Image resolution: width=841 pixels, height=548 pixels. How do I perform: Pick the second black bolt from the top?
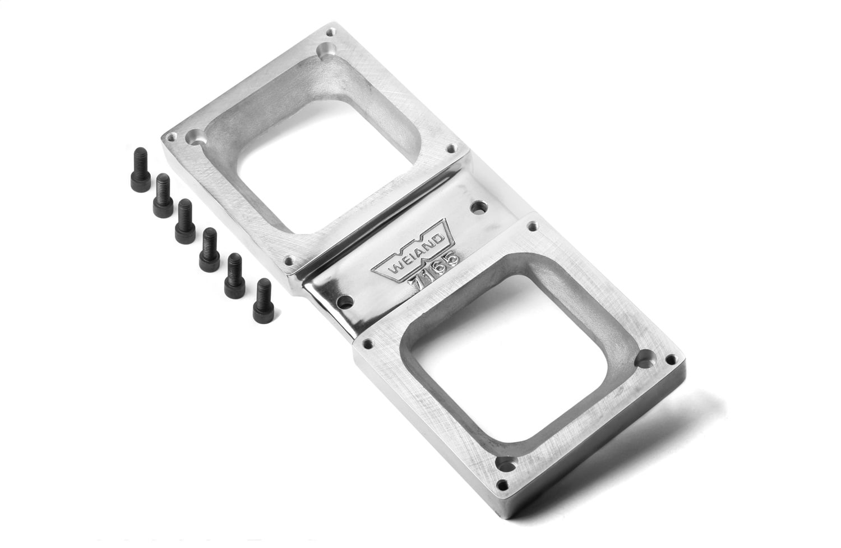tap(163, 195)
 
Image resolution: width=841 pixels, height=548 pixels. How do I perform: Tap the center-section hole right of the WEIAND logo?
tap(478, 208)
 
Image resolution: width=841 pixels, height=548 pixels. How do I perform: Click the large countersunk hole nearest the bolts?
tap(195, 136)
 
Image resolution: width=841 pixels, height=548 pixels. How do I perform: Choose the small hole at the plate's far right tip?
tap(671, 360)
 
